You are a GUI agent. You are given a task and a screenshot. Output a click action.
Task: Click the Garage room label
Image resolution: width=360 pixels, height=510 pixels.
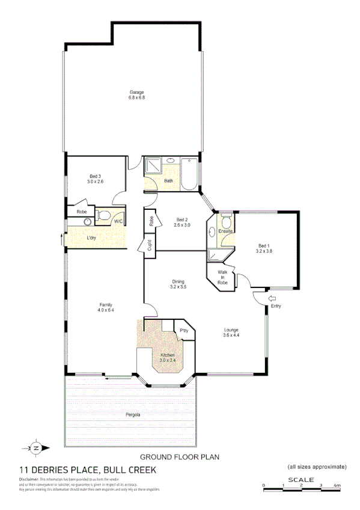(x=136, y=94)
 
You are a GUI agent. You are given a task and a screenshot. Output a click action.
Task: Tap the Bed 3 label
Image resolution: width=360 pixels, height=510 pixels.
(x=95, y=177)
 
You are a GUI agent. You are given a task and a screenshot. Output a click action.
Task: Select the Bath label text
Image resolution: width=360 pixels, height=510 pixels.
(x=168, y=180)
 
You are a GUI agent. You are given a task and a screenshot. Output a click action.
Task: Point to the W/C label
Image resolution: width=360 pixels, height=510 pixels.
(x=118, y=222)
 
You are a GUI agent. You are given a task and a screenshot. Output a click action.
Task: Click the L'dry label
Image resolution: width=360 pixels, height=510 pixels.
(x=91, y=238)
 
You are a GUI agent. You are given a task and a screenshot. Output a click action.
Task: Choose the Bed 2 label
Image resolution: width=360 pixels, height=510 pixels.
(x=182, y=221)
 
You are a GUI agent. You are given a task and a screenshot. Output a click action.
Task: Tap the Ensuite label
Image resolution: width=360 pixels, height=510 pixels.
(x=225, y=230)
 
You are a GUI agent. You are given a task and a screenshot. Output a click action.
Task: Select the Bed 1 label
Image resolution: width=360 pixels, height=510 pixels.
(x=265, y=248)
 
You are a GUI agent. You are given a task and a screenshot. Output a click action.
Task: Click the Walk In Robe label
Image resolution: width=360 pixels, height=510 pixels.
(x=222, y=277)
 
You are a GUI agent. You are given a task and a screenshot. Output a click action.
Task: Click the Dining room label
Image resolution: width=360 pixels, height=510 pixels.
(x=178, y=284)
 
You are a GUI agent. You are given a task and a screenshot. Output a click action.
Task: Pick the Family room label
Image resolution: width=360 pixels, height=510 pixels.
(x=106, y=307)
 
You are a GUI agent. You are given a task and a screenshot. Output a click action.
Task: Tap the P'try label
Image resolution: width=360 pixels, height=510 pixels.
(x=184, y=331)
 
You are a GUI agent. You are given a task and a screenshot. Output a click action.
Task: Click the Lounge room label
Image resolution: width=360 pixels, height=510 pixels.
(x=232, y=331)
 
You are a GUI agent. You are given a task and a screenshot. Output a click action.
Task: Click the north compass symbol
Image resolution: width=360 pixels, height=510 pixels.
(x=35, y=447)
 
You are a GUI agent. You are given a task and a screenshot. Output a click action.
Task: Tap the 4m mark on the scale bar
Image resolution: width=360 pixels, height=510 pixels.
(x=337, y=485)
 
